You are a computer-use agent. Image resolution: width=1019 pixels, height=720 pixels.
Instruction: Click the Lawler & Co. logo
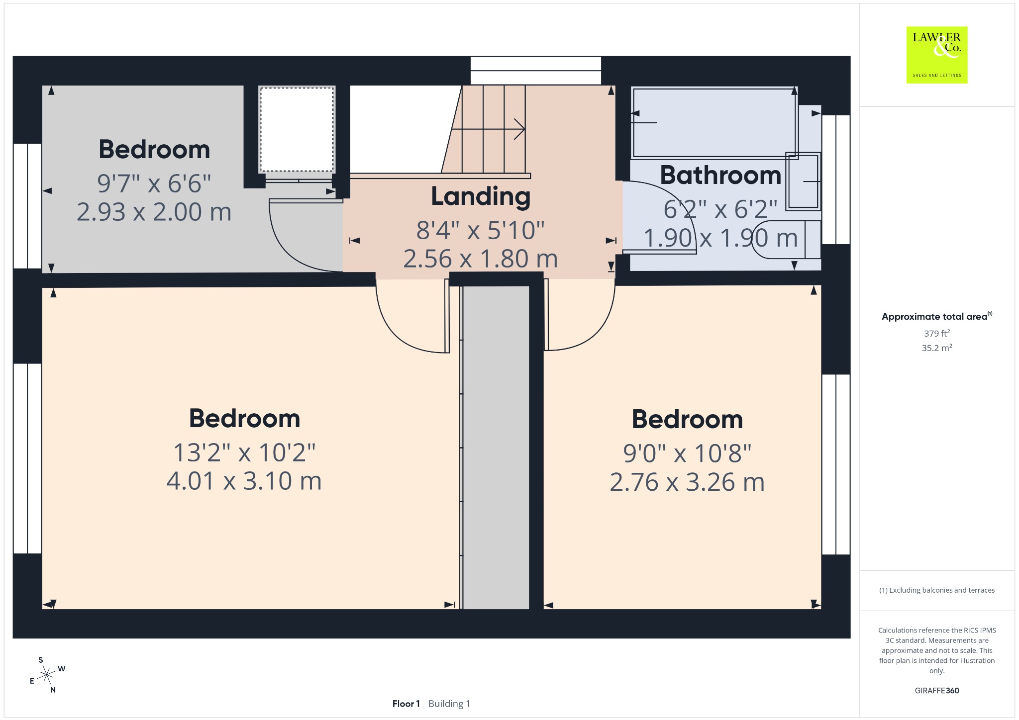click(937, 55)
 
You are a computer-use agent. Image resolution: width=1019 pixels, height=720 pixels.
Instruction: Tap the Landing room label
click(481, 196)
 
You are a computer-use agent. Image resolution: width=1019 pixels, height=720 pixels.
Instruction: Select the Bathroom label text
click(720, 175)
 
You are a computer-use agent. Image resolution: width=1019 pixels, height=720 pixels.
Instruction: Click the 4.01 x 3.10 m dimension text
click(244, 481)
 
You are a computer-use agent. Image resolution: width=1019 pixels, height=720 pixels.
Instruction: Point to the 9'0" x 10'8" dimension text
click(687, 453)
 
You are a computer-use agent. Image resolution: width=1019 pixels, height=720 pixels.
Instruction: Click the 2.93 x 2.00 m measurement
click(154, 211)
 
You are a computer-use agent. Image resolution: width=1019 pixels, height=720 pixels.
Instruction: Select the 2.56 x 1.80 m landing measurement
click(481, 259)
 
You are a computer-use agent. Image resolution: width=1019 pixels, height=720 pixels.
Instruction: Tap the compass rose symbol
click(47, 675)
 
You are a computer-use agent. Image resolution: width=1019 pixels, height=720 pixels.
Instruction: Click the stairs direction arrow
click(488, 129)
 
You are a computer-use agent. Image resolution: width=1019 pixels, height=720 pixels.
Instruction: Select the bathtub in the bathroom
click(714, 123)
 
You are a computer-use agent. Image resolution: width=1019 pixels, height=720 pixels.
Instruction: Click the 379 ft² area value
click(937, 333)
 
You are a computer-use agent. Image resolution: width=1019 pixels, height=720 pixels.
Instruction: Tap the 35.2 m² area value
click(937, 348)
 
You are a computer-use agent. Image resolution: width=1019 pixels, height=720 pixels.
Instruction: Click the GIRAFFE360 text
click(937, 690)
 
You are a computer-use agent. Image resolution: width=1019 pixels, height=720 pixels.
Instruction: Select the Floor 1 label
click(406, 704)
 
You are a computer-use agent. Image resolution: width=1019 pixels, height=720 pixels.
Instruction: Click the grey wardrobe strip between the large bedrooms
click(496, 448)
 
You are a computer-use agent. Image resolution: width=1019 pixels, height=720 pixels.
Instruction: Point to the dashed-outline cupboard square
click(297, 130)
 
